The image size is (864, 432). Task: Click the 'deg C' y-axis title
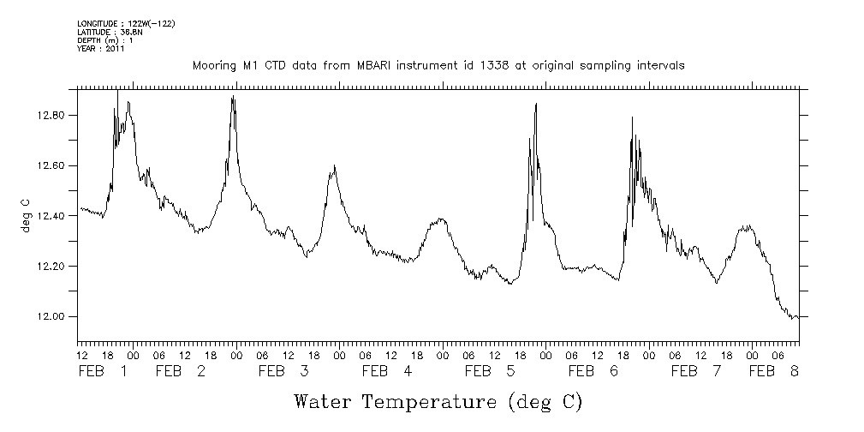point(25,216)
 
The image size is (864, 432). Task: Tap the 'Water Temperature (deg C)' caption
point(438,401)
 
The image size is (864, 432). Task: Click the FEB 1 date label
point(103,372)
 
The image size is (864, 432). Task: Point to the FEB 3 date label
point(283,372)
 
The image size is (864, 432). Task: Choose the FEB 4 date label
point(387,372)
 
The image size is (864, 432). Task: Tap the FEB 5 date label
point(490,372)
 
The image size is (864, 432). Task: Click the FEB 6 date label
point(593,372)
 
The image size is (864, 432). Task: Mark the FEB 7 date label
point(696,372)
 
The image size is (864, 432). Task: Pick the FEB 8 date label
point(774,372)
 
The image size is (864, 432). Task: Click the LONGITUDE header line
point(126,23)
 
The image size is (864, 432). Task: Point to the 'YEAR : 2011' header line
point(101,49)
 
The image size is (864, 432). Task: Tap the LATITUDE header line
point(109,32)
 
